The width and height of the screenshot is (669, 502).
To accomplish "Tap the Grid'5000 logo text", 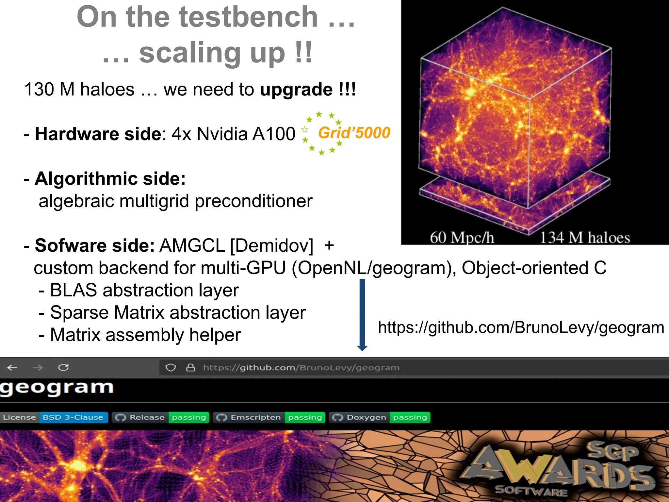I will [x=354, y=133].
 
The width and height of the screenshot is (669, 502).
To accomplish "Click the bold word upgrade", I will [x=296, y=90].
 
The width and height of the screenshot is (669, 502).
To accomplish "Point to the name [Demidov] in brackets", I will [x=271, y=245].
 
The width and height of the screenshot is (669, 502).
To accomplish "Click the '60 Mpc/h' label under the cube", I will [x=462, y=238].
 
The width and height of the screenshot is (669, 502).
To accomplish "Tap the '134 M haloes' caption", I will [x=584, y=238].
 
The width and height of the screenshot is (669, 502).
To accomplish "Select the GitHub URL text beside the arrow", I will [x=521, y=327].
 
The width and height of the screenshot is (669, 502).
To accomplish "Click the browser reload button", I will [x=63, y=368].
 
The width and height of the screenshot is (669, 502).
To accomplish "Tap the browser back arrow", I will [x=12, y=368].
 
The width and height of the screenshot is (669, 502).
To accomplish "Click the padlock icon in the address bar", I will [x=190, y=368].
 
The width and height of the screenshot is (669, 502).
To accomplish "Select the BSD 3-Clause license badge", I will [x=54, y=417].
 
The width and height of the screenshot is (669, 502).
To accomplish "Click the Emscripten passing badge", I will [x=269, y=417].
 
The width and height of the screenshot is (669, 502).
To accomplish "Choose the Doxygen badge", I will [x=380, y=417].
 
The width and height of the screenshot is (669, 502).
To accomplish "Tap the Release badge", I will [x=160, y=417].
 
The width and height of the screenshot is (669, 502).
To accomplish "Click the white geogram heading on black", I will [x=57, y=388].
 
